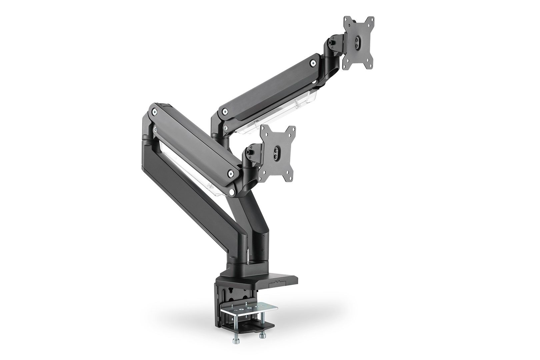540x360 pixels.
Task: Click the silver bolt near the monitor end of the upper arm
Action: tap(313, 62)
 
